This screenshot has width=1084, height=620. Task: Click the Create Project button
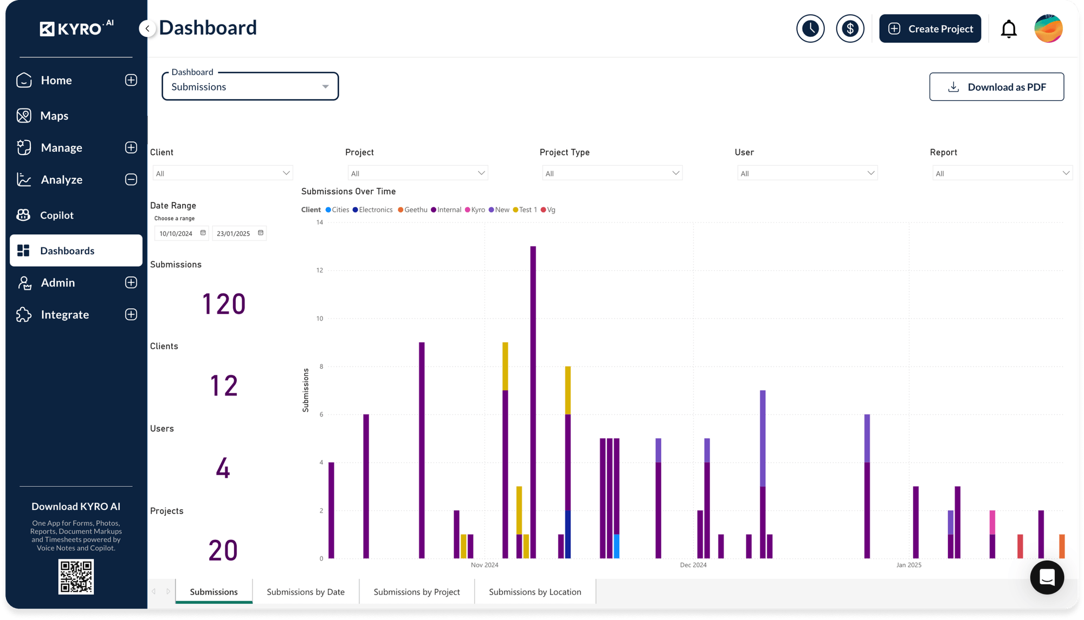(930, 29)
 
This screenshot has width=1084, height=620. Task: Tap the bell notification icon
(1009, 29)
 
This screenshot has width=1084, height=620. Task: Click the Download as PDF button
(996, 87)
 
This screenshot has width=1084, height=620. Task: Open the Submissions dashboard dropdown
(250, 87)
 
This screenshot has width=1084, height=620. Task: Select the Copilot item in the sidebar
(56, 215)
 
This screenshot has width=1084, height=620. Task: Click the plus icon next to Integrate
(131, 315)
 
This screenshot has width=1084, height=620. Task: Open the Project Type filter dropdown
(612, 173)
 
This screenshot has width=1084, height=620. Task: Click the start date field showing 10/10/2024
(177, 234)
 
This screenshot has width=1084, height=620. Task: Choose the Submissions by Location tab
(534, 592)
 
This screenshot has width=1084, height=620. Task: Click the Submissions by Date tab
(306, 592)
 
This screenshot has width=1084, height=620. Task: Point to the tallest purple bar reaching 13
(533, 401)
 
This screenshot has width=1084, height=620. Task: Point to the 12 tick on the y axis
(320, 270)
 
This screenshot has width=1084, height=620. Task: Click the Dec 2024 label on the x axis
(693, 565)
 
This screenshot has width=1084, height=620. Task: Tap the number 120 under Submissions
(224, 304)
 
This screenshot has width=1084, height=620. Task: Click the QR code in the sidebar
(76, 577)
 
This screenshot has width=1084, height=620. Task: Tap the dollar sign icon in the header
(850, 29)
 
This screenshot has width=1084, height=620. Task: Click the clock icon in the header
(810, 29)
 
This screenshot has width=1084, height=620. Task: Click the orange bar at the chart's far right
(1062, 546)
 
